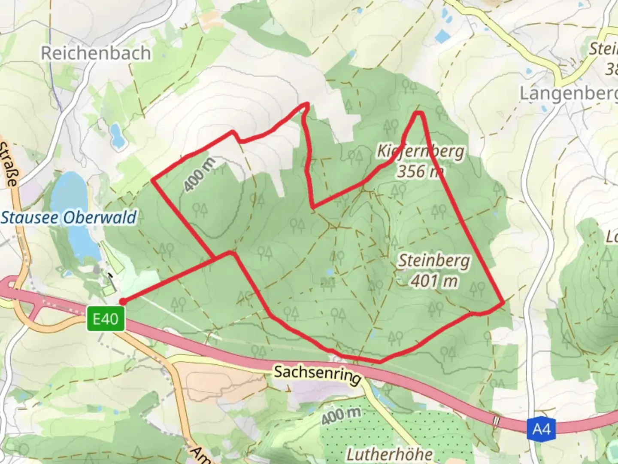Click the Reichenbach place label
[96, 53]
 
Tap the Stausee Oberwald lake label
[69, 217]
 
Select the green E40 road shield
[106, 319]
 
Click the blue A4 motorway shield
[541, 429]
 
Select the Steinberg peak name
[434, 261]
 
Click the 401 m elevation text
[434, 281]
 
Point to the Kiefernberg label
[421, 151]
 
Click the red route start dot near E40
[122, 302]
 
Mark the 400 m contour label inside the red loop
[200, 174]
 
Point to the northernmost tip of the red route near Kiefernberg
[419, 113]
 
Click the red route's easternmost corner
[503, 303]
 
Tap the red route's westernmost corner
[153, 181]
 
